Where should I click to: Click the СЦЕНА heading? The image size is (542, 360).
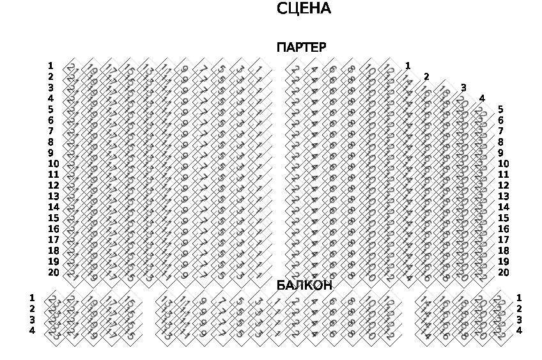[x=304, y=9]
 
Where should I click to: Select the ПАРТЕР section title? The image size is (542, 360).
[x=301, y=48]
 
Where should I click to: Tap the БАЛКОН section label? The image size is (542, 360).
[x=304, y=286]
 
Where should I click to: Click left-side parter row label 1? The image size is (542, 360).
[x=50, y=66]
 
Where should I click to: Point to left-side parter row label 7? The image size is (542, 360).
[x=50, y=131]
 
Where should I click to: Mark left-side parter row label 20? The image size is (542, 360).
[x=53, y=272]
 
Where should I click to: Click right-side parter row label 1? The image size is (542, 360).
[x=408, y=66]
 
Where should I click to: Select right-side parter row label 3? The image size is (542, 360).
[x=463, y=88]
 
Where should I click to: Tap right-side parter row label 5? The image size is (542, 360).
[x=500, y=109]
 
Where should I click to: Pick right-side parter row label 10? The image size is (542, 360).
[x=503, y=164]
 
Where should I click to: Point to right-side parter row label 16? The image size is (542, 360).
[x=503, y=229]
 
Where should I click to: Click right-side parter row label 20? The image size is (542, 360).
[x=503, y=272]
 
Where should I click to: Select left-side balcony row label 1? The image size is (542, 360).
[x=32, y=298]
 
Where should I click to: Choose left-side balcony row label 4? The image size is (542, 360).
[x=32, y=331]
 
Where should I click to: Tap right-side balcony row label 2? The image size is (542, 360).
[x=519, y=309]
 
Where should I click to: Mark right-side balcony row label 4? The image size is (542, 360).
[x=519, y=331]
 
